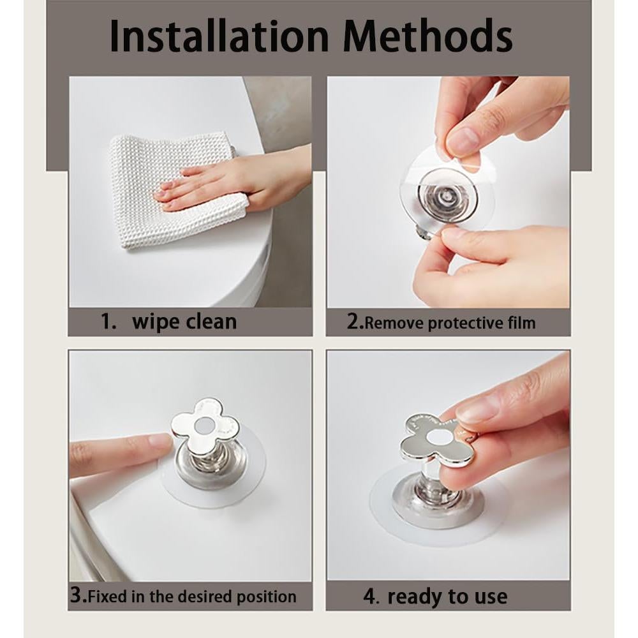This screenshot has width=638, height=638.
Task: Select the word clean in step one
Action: [211, 322]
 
